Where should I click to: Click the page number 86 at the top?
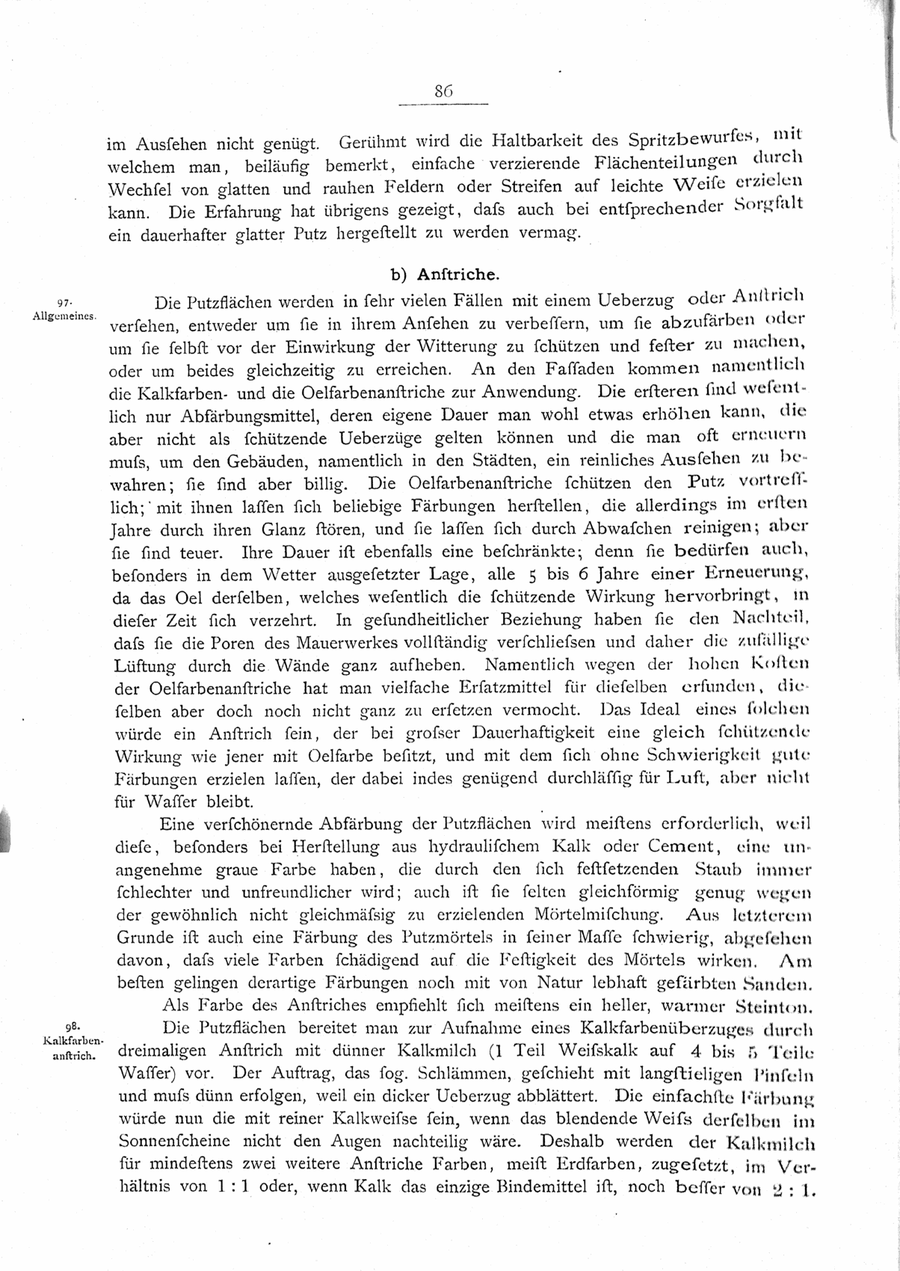[x=443, y=91]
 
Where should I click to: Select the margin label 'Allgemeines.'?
[x=65, y=316]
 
